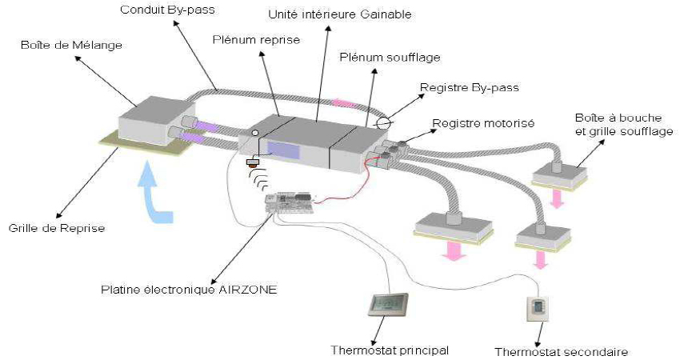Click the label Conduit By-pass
[x=167, y=10]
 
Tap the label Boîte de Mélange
[x=71, y=45]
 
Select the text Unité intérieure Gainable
[x=340, y=14]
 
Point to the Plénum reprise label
[x=256, y=40]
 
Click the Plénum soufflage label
[x=390, y=58]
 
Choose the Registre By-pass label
[x=470, y=88]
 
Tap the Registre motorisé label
[x=483, y=123]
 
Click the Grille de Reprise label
[x=57, y=228]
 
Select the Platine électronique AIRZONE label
[x=189, y=290]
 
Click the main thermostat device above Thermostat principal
[x=388, y=304]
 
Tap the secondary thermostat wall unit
[x=538, y=308]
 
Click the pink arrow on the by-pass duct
[x=343, y=102]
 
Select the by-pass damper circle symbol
[x=383, y=124]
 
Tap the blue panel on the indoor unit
[x=284, y=150]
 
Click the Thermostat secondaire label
[x=561, y=352]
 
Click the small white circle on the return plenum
[x=255, y=133]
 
